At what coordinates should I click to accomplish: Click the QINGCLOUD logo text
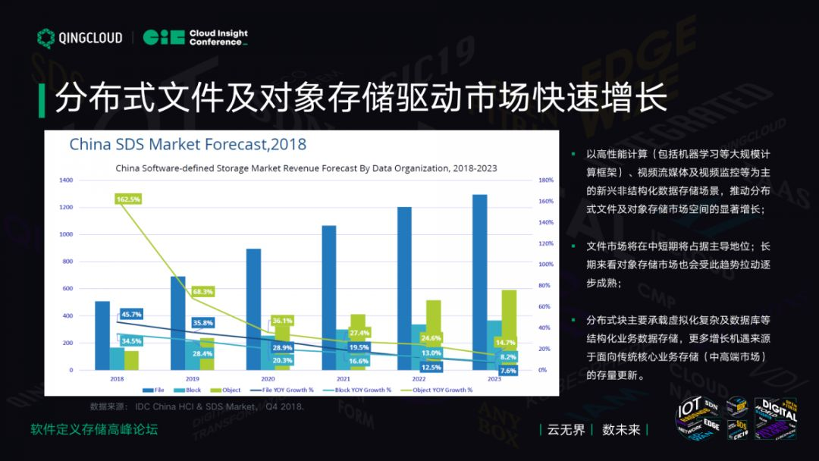click(90, 38)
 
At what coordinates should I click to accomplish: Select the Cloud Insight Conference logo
click(195, 37)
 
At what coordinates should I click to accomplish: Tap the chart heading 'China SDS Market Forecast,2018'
click(188, 144)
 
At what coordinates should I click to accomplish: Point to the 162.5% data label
click(127, 199)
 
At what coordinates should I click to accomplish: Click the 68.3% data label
click(202, 291)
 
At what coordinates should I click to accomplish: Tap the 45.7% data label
click(130, 314)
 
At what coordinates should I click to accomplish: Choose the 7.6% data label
click(508, 371)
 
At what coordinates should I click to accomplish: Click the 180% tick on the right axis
click(545, 180)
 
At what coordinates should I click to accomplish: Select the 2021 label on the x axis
click(343, 378)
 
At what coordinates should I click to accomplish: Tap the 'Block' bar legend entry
click(190, 390)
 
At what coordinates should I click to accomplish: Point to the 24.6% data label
click(431, 337)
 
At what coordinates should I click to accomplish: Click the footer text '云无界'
click(567, 430)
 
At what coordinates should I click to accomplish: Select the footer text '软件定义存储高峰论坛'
click(94, 430)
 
